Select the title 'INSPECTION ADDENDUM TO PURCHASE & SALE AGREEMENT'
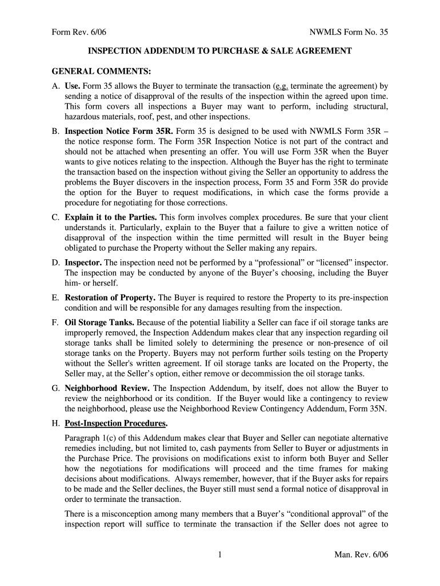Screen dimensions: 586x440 [x=219, y=52]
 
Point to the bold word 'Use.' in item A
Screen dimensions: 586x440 [x=73, y=86]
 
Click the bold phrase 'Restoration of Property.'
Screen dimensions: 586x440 [x=110, y=298]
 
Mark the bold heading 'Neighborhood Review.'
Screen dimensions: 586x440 [x=107, y=388]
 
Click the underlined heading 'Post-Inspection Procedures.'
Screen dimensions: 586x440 [x=116, y=423]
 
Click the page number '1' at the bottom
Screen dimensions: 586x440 [x=219, y=555]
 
